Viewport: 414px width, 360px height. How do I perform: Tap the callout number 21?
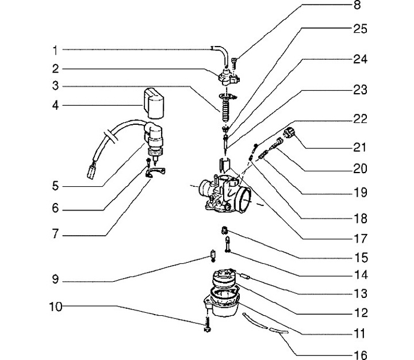360,147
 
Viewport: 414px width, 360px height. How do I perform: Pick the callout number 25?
360,28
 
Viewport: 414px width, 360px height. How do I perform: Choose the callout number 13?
360,294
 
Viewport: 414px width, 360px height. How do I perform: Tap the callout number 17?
360,238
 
